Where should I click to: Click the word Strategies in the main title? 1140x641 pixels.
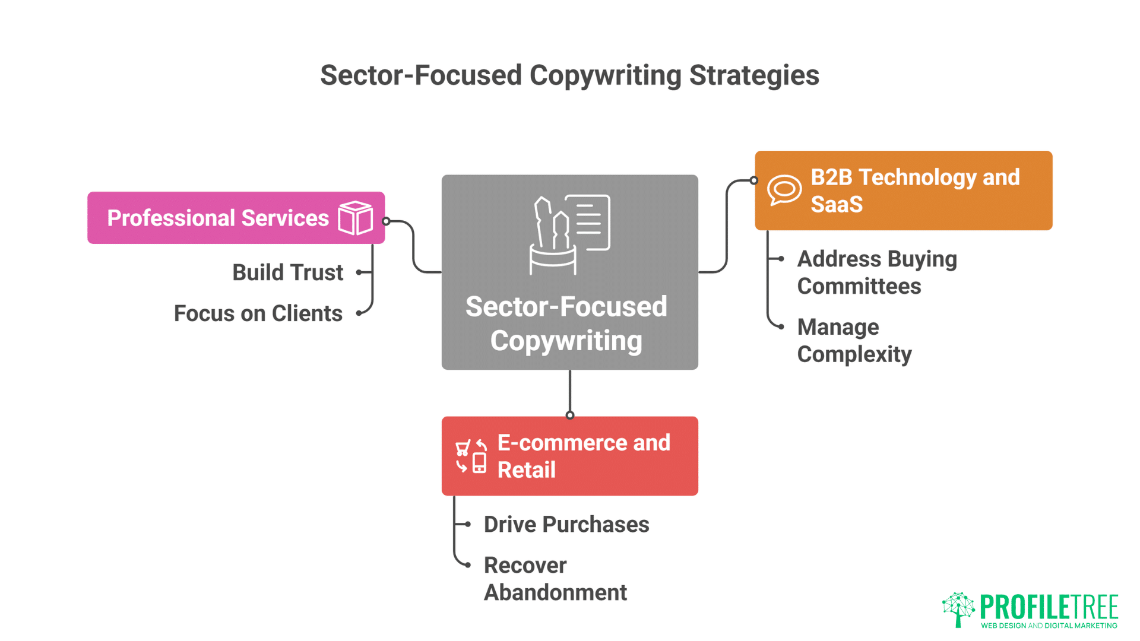[753, 76]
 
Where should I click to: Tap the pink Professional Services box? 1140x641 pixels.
[236, 218]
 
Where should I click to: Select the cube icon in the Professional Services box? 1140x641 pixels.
[355, 218]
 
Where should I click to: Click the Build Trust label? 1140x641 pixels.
[287, 272]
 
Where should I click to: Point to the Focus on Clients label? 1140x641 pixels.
[258, 313]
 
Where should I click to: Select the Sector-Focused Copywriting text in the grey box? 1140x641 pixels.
[566, 323]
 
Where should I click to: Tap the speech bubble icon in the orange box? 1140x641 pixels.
[784, 190]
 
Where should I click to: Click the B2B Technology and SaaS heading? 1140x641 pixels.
[914, 191]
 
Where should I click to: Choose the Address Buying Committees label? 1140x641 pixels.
[876, 272]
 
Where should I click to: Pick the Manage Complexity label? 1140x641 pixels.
[854, 341]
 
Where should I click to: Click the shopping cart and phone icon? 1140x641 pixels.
[471, 456]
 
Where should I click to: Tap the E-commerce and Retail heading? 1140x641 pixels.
[583, 456]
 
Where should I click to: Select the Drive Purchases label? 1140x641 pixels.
[566, 525]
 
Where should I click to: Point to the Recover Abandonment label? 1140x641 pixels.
[555, 579]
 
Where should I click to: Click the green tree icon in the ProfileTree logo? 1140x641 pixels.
[958, 609]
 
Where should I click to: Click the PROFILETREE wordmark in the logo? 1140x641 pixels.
[1049, 607]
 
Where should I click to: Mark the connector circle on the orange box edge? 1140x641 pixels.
[753, 180]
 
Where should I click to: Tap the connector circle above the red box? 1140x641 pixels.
[570, 415]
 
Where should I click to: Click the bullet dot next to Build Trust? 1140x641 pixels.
[359, 272]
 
